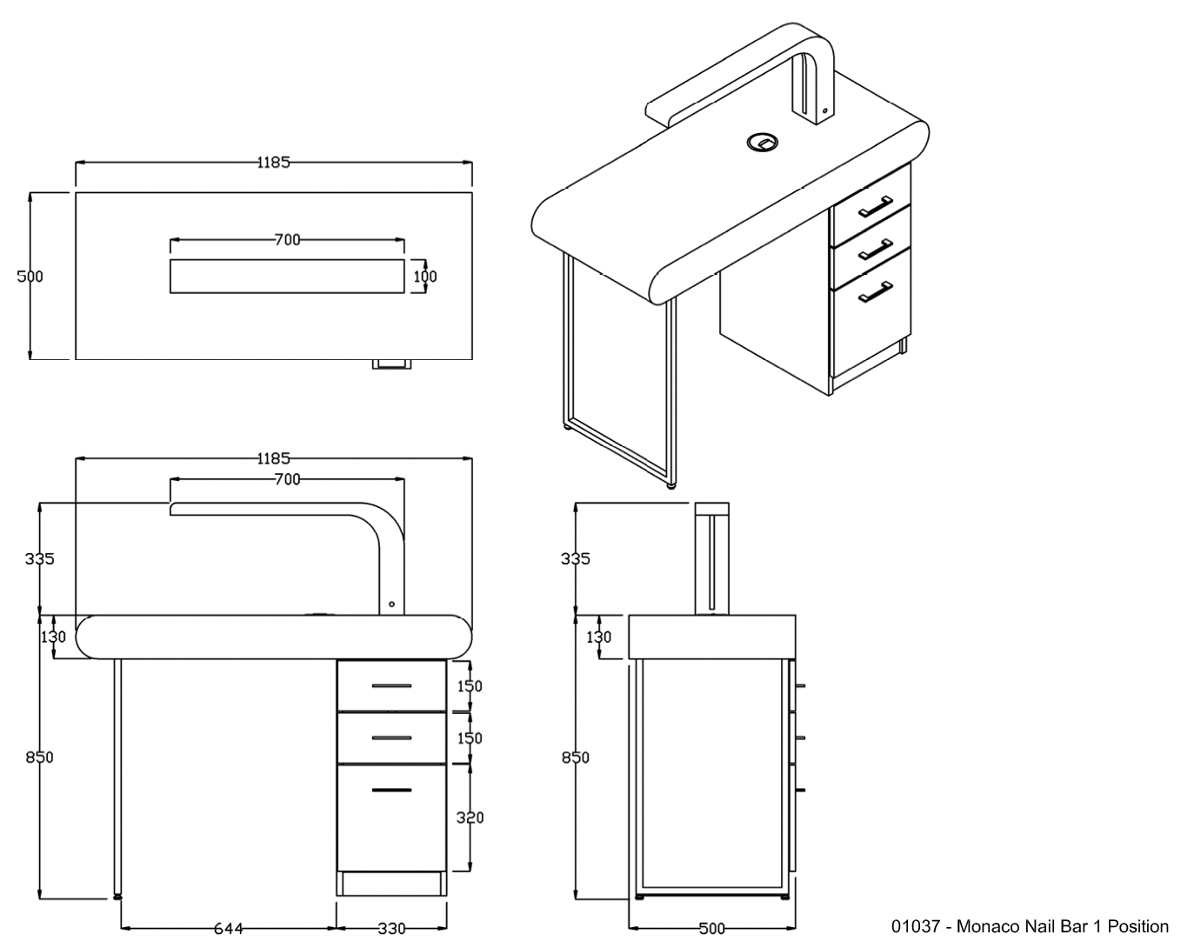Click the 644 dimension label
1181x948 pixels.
pyautogui.click(x=229, y=928)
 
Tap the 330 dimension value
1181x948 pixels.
pyautogui.click(x=390, y=928)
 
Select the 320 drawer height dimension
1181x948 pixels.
pyautogui.click(x=470, y=818)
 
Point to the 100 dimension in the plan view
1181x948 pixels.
pyautogui.click(x=425, y=277)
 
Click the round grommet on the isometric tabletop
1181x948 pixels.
pyautogui.click(x=762, y=141)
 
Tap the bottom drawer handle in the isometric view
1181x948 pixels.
pyautogui.click(x=876, y=292)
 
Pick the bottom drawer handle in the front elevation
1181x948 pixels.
pyautogui.click(x=391, y=790)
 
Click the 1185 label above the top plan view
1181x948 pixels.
pyautogui.click(x=273, y=162)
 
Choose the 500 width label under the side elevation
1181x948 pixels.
pyautogui.click(x=711, y=928)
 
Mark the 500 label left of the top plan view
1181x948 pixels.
pyautogui.click(x=30, y=277)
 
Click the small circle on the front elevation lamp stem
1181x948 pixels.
pyautogui.click(x=392, y=604)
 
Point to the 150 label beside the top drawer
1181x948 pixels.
pyautogui.click(x=470, y=686)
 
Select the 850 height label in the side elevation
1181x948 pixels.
pyautogui.click(x=575, y=758)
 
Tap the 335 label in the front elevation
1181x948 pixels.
pyautogui.click(x=40, y=558)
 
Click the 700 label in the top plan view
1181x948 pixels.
pyautogui.click(x=287, y=240)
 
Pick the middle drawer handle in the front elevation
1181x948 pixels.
pyautogui.click(x=391, y=738)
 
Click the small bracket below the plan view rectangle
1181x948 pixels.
pyautogui.click(x=394, y=364)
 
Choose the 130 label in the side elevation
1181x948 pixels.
pyautogui.click(x=598, y=637)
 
